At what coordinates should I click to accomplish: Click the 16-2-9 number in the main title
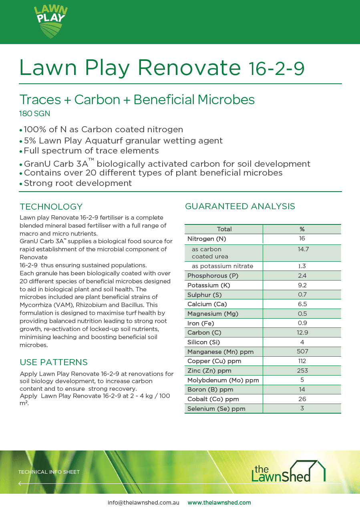[x=276, y=69]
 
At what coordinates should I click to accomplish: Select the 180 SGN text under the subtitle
[x=35, y=114]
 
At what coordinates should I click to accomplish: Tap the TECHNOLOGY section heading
[x=51, y=207]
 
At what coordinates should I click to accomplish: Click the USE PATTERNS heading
[x=54, y=362]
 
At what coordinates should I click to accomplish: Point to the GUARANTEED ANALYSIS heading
[x=240, y=206]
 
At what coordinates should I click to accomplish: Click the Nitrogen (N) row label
[x=207, y=239]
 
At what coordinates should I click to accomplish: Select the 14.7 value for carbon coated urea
[x=302, y=249]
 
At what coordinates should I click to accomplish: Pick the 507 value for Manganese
[x=302, y=351]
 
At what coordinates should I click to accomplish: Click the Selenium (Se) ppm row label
[x=216, y=409]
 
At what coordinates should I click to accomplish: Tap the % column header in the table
[x=302, y=229]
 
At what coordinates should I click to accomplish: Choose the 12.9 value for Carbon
[x=302, y=333]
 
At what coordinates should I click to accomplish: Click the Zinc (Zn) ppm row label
[x=209, y=371]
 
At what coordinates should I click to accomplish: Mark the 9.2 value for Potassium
[x=302, y=285]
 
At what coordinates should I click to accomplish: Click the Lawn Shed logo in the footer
[x=288, y=472]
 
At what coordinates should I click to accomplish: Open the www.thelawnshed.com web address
[x=219, y=503]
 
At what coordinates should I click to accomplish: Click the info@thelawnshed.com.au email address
[x=143, y=503]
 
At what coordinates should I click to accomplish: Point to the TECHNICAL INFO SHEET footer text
[x=49, y=472]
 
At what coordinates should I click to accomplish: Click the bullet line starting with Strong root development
[x=78, y=183]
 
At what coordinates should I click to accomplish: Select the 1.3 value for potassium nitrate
[x=302, y=266]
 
